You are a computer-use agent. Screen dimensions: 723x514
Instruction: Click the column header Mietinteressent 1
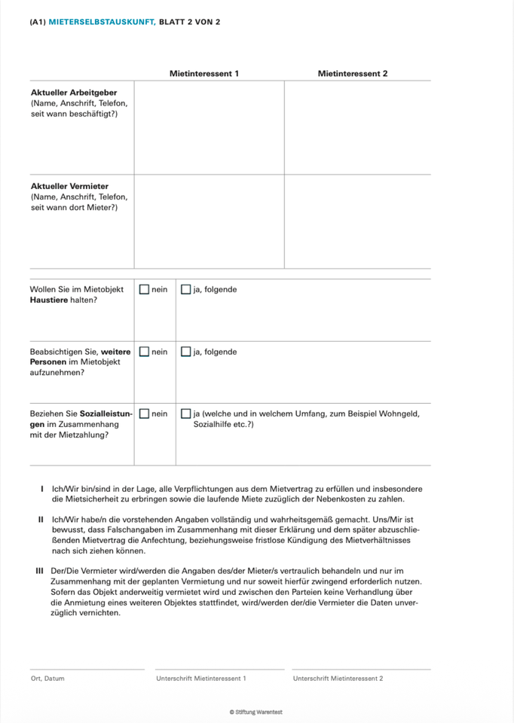pyautogui.click(x=204, y=74)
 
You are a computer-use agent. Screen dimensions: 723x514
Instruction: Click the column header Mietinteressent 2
pyautogui.click(x=353, y=74)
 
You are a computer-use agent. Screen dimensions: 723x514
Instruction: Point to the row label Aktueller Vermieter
pyautogui.click(x=69, y=186)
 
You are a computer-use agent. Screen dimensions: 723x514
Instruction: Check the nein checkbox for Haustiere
pyautogui.click(x=143, y=289)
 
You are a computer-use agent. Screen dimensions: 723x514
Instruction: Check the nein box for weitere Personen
pyautogui.click(x=143, y=352)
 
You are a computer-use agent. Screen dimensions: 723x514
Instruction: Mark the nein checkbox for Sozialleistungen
pyautogui.click(x=143, y=413)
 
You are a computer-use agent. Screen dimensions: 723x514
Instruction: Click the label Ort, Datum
pyautogui.click(x=47, y=679)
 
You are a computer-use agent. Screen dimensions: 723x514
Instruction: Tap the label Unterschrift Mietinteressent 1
pyautogui.click(x=200, y=679)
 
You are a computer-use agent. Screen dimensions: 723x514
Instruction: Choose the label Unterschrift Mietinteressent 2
pyautogui.click(x=338, y=679)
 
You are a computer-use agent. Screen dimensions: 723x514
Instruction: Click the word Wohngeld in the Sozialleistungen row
pyautogui.click(x=398, y=413)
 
